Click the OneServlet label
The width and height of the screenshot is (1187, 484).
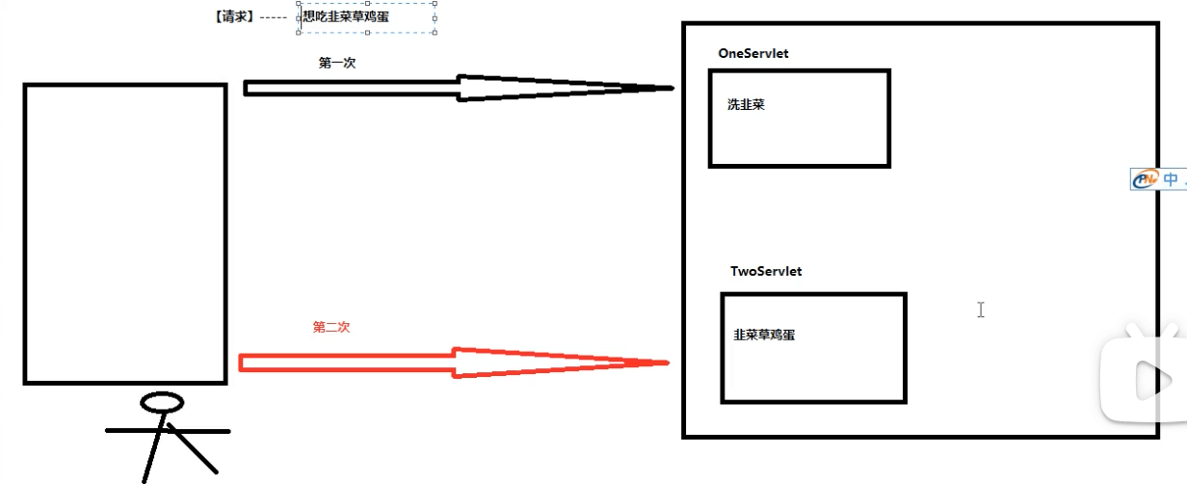752,54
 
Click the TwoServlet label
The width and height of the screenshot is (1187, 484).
765,272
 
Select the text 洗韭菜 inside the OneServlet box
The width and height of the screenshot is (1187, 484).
746,105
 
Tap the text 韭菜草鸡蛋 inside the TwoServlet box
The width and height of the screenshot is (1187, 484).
764,336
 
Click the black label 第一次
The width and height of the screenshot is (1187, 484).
337,63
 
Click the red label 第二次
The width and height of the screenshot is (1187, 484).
331,328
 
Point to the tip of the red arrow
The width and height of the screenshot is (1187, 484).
667,363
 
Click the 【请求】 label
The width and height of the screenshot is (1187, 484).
235,16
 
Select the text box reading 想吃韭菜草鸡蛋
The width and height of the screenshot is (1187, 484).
367,16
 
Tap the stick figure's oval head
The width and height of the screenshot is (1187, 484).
161,401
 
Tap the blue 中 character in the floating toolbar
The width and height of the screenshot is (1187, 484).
1171,179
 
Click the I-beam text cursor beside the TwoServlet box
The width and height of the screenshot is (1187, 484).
981,309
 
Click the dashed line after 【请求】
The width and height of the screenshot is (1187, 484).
275,17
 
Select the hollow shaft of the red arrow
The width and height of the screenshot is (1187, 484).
347,363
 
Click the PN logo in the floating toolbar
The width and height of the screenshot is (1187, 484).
1145,180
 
